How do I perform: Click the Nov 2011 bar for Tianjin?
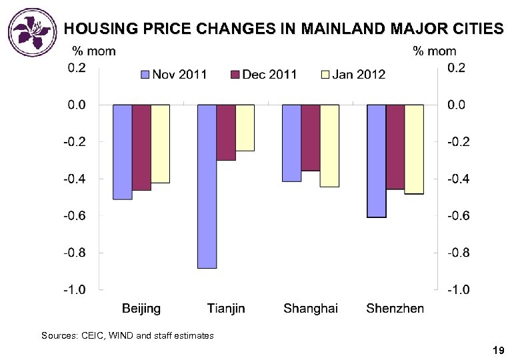pos(207,186)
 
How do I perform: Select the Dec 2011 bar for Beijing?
pos(141,147)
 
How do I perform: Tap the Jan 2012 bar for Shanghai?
pos(329,145)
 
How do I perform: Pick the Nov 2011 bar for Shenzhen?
pos(377,161)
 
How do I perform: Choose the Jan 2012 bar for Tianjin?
pos(245,127)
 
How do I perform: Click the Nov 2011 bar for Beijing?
pos(123,152)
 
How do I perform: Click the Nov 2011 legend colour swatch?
pos(145,74)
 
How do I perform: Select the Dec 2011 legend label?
pos(269,74)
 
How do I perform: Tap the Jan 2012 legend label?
pos(359,74)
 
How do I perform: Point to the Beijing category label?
pos(141,308)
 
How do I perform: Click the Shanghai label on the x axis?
pos(311,308)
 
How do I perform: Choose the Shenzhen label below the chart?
pos(395,308)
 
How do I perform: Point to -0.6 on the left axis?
pos(75,215)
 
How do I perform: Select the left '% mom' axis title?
pos(93,51)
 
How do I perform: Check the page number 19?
pos(497,350)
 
